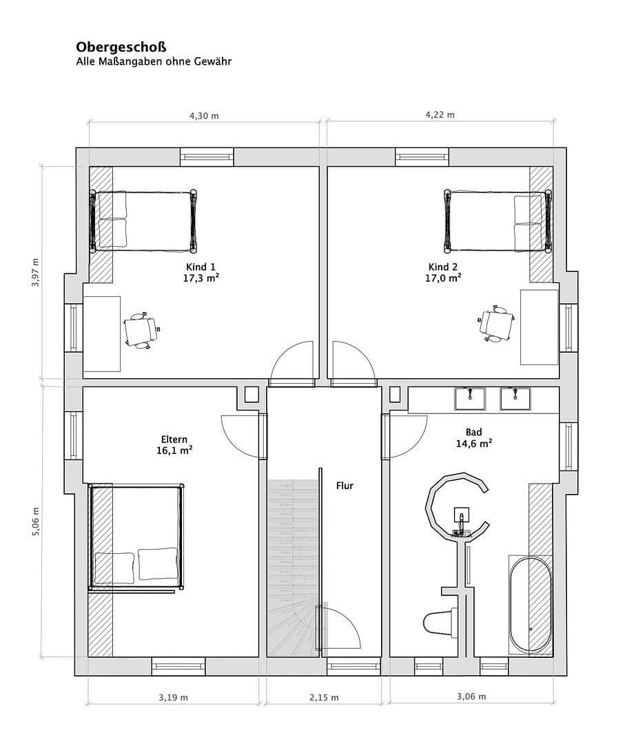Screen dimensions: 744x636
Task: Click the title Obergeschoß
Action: (121, 47)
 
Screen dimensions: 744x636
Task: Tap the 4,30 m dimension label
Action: (204, 116)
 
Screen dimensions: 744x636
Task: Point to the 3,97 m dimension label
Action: (36, 273)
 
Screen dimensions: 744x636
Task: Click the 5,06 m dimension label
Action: (36, 520)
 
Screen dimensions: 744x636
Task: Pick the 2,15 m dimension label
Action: (324, 697)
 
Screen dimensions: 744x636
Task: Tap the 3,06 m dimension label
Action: (471, 696)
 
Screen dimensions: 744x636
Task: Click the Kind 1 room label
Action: (201, 267)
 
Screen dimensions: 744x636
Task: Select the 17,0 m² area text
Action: (443, 278)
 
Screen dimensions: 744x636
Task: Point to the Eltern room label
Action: (174, 439)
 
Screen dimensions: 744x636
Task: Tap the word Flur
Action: (345, 486)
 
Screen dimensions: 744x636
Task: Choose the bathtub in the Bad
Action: (530, 606)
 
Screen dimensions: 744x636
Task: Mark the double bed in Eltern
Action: (136, 538)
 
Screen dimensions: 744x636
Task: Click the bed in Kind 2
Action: (497, 222)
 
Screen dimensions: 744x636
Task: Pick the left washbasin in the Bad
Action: (470, 397)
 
